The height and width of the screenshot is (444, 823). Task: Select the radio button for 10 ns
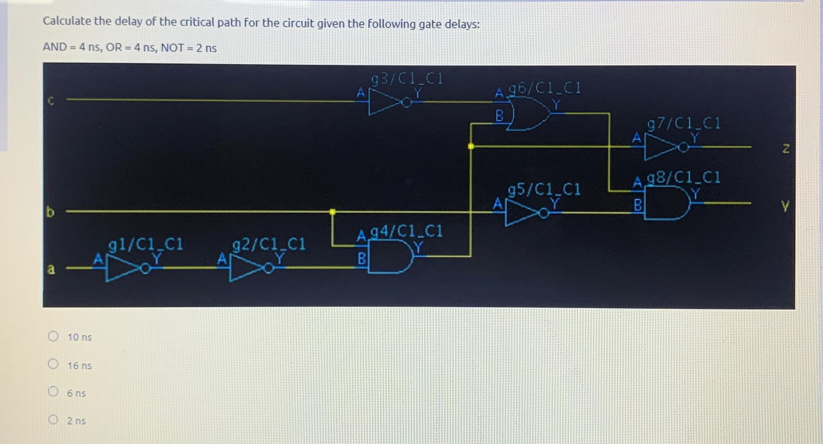(x=53, y=336)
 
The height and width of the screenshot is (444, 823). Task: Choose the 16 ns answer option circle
(x=53, y=364)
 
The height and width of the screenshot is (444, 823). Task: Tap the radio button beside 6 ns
(x=53, y=391)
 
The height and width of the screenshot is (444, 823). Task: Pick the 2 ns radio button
(x=53, y=419)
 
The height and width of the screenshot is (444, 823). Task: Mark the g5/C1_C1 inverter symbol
(x=522, y=213)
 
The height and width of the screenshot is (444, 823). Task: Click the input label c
(x=51, y=101)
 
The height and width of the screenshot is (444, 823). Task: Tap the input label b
(x=50, y=212)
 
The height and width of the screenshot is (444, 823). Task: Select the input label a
(x=51, y=269)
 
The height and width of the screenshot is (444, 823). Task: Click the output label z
(x=786, y=148)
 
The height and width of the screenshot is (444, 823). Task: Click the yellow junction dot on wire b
(x=332, y=211)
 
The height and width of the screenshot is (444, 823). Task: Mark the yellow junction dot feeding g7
(x=470, y=146)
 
